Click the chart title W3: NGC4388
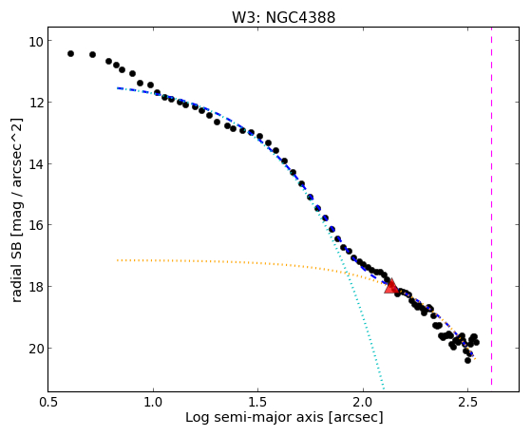[x=283, y=17]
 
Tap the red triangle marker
[x=391, y=287]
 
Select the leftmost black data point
[x=70, y=53]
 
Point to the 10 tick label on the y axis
[x=35, y=41]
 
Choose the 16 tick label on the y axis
[x=35, y=225]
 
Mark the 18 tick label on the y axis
[x=35, y=287]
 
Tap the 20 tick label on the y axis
[x=35, y=349]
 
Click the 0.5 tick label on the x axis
[x=48, y=403]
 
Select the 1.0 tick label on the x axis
[x=153, y=403]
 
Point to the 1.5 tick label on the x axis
[x=257, y=403]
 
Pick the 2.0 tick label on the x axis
[x=363, y=403]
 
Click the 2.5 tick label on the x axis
[x=467, y=403]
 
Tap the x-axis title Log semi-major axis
[x=255, y=418]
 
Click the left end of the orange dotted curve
[x=118, y=260]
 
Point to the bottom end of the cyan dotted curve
[x=384, y=389]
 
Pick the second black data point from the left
[x=92, y=54]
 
